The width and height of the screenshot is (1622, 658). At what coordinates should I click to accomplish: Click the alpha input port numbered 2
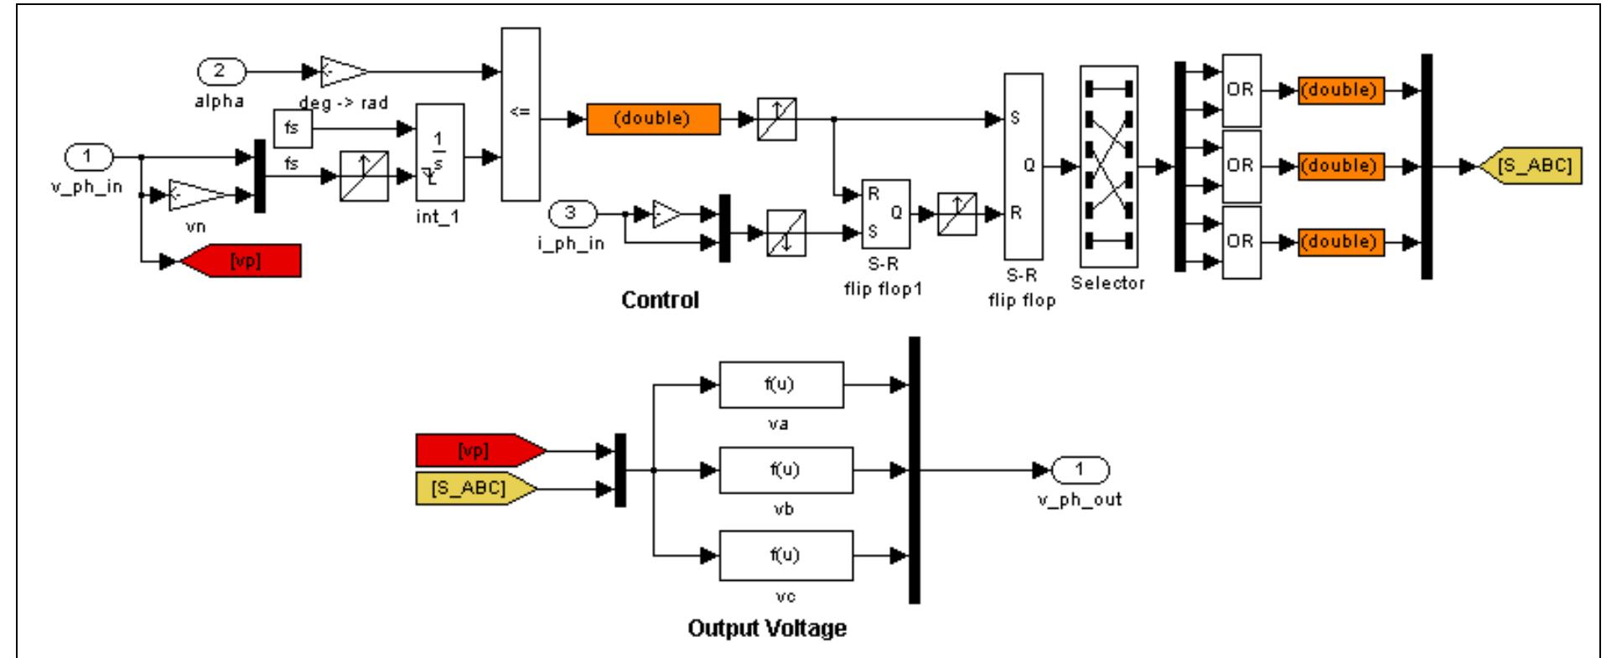(x=220, y=72)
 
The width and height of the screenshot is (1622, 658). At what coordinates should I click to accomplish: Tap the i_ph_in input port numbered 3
(x=571, y=214)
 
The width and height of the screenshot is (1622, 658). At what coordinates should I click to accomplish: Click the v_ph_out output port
(x=1080, y=469)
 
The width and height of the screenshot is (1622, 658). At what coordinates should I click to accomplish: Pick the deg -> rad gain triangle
(x=342, y=73)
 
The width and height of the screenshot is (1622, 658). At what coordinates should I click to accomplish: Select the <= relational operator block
(x=520, y=114)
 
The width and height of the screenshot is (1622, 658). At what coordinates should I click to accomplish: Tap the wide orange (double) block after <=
(x=652, y=119)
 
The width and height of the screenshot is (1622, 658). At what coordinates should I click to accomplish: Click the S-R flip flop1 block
(x=885, y=214)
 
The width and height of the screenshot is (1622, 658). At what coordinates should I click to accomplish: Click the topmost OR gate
(x=1241, y=91)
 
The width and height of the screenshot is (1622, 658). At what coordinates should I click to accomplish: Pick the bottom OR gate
(x=1241, y=241)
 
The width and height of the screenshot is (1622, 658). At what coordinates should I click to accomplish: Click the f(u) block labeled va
(x=781, y=385)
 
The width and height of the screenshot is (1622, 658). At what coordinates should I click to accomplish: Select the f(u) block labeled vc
(x=785, y=555)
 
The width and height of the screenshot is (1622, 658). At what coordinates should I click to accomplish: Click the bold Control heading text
(x=660, y=300)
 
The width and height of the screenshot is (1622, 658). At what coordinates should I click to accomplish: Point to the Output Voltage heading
(x=766, y=628)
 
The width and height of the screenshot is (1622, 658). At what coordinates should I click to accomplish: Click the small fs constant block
(x=292, y=129)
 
